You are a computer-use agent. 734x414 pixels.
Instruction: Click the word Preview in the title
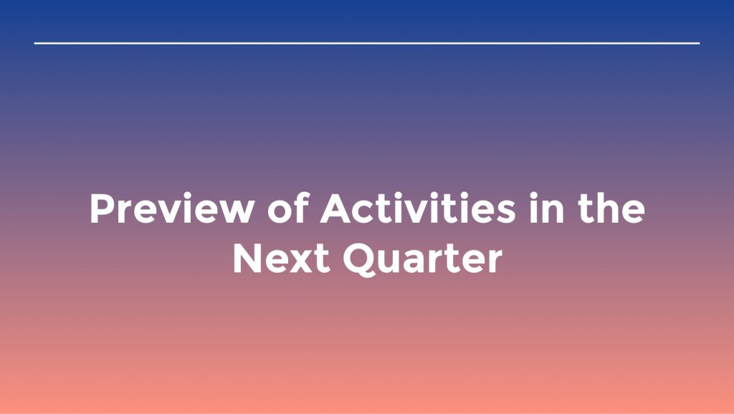(172, 208)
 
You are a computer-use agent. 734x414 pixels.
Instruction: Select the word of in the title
(288, 208)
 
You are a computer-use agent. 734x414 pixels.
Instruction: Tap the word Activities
(418, 208)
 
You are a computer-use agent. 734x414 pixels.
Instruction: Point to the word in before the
(546, 208)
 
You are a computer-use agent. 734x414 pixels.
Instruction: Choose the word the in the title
(611, 208)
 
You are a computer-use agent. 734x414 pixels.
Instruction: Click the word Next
(282, 259)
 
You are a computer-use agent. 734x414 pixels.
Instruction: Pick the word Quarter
(423, 259)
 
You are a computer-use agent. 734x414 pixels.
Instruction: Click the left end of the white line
(34, 43)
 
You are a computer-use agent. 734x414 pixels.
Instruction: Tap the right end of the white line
(700, 43)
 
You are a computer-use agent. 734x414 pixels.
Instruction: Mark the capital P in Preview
(101, 208)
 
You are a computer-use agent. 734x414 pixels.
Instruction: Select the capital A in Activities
(335, 208)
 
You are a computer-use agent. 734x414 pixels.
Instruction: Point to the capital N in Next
(247, 259)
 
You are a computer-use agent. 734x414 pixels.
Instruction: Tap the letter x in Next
(301, 262)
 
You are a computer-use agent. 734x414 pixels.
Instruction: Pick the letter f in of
(302, 208)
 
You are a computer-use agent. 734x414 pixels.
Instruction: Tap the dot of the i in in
(533, 196)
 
